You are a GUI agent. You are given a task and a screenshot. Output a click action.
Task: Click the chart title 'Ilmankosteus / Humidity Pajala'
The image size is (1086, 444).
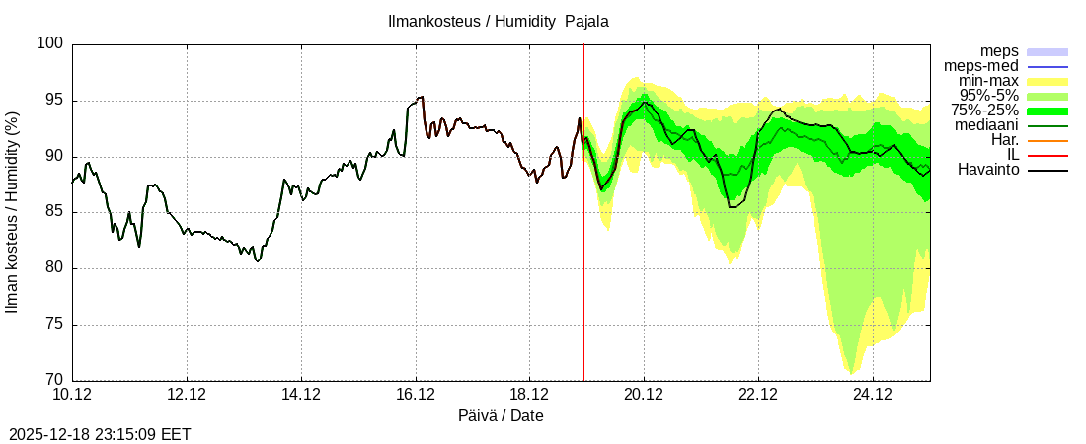coord(498,21)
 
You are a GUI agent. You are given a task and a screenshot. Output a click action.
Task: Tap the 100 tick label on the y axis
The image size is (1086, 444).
coord(50,44)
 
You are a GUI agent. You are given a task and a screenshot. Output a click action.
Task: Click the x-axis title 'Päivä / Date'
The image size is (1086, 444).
coord(501,415)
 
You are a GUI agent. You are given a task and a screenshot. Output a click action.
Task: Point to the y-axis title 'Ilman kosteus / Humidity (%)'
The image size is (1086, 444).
coord(13,212)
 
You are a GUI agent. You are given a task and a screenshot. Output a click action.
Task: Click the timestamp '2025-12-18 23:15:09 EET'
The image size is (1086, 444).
coord(100,434)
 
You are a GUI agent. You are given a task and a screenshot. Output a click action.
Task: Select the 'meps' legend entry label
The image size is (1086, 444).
coord(999,51)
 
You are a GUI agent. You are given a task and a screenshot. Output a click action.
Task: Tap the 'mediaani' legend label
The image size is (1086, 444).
coord(987,125)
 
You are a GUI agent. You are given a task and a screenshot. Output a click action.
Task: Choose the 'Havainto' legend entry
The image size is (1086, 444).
coord(988,170)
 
